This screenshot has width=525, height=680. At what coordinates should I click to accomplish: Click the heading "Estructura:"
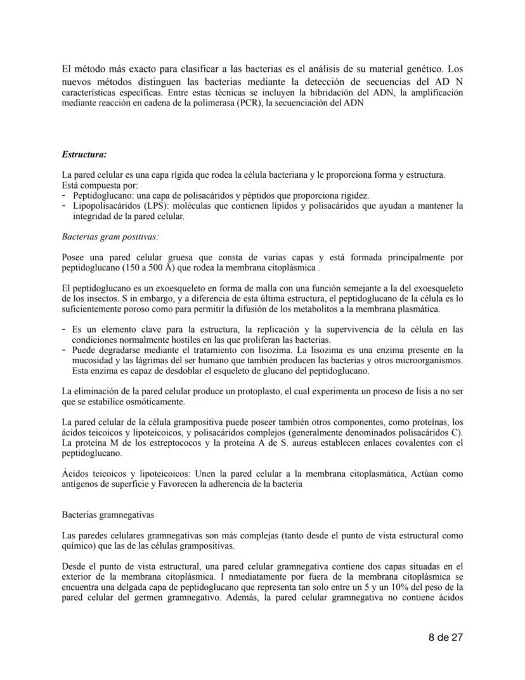[x=84, y=154]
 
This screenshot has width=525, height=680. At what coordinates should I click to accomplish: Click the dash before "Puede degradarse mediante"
[x=64, y=350]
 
